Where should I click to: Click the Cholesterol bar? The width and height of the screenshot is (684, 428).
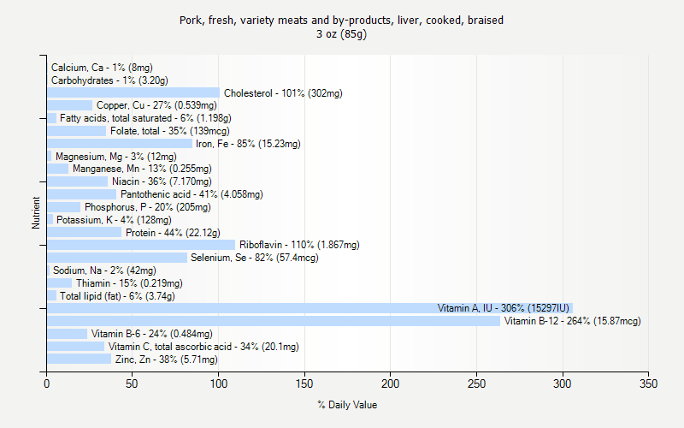tap(133, 92)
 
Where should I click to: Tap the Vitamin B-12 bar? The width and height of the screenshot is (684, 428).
tap(274, 321)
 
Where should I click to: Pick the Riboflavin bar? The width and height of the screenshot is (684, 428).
tap(141, 245)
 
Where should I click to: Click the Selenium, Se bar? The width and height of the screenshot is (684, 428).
tap(117, 258)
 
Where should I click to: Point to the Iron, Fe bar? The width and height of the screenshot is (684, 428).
tap(120, 144)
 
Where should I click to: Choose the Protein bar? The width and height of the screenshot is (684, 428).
tap(85, 232)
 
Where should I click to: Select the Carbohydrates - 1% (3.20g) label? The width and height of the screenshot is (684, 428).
tap(109, 80)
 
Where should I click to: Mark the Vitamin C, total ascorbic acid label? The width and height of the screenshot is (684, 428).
tap(203, 347)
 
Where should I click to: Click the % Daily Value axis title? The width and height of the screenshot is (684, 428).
tap(347, 405)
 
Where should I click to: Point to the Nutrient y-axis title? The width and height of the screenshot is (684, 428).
tap(36, 213)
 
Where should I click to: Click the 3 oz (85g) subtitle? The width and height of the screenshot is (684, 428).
tap(341, 34)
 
